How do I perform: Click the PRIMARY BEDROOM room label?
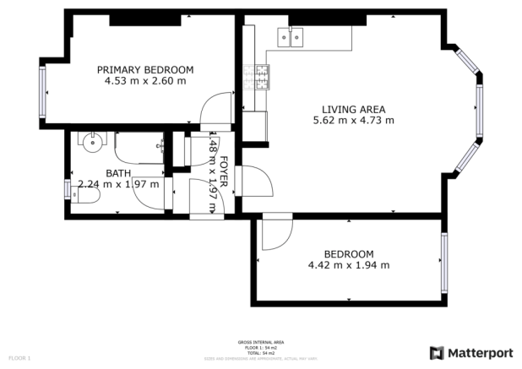144,69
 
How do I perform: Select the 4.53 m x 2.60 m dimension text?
144,81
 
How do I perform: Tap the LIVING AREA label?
353,109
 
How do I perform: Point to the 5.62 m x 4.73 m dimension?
353,121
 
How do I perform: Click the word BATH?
95,173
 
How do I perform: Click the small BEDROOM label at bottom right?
349,253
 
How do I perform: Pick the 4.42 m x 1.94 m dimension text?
349,265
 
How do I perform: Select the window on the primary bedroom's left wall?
42,91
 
